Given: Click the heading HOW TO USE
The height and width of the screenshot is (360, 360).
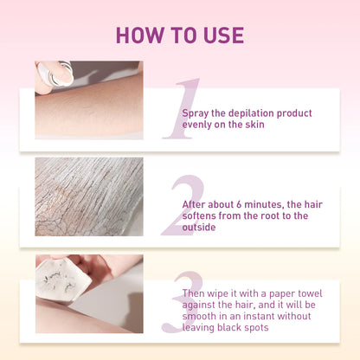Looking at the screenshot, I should tap(180, 35).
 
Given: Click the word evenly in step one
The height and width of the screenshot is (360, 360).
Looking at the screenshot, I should tap(199, 125).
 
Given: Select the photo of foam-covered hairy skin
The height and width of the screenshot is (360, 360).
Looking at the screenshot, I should tap(88, 196).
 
